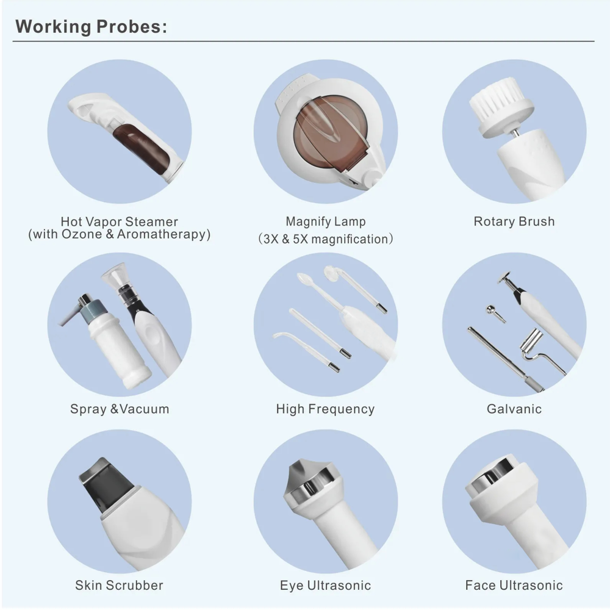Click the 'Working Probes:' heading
pos(91,27)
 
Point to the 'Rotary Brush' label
pos(514,221)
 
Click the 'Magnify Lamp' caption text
pos(326,221)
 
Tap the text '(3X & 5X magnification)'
pos(326,239)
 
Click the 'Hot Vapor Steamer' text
pos(119,221)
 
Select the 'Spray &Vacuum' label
pos(120,409)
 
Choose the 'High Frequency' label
pos(325,409)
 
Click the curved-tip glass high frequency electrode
pos(306,349)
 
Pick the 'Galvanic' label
pos(514,409)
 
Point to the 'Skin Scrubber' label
pos(119,585)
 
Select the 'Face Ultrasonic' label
pos(514,585)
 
